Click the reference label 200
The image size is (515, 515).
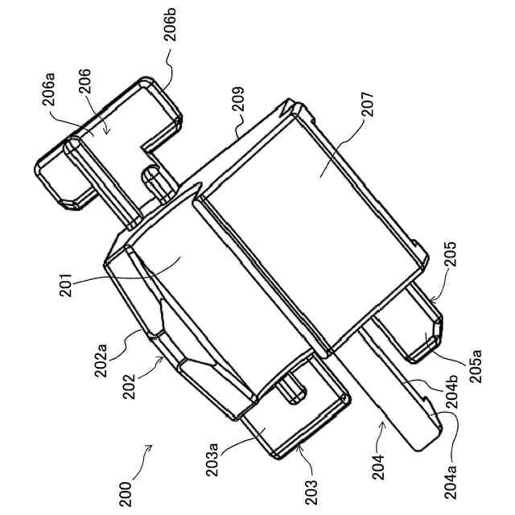coord(126,492)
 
